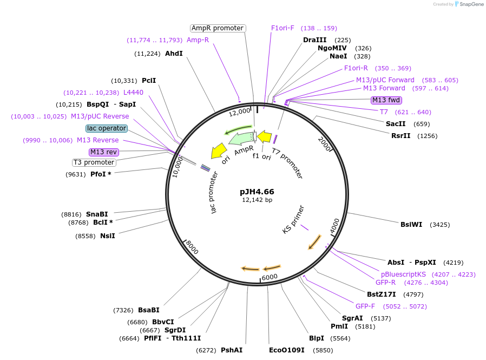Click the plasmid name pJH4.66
[257, 192]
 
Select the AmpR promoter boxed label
[218, 28]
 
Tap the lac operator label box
[107, 128]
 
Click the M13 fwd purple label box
[386, 100]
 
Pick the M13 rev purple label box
[104, 152]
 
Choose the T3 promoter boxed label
[94, 162]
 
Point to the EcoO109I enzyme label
[287, 350]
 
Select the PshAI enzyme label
[232, 350]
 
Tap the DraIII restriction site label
[314, 40]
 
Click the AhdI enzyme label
[174, 54]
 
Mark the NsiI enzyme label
[108, 236]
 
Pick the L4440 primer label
[133, 93]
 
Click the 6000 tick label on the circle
[270, 277]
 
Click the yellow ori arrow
[219, 151]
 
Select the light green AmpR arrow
[241, 139]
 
